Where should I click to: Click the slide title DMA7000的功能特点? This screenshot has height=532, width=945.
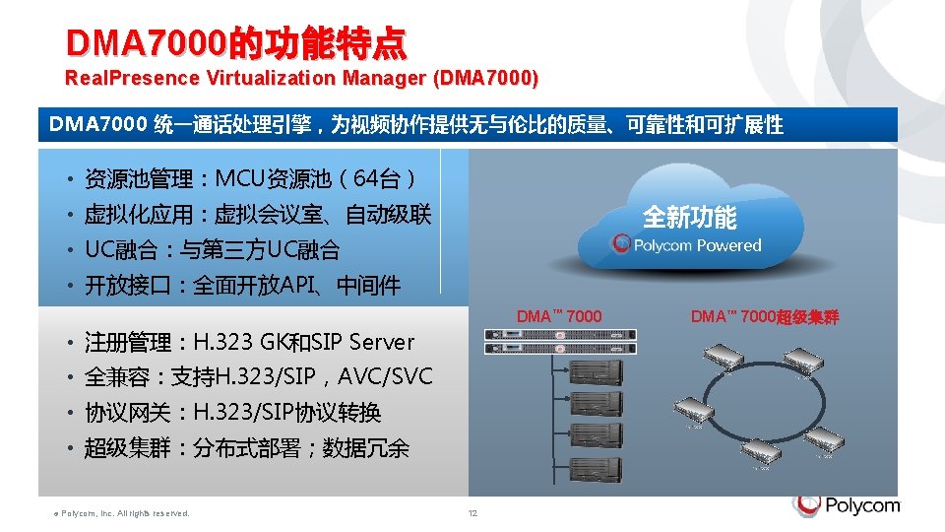(235, 43)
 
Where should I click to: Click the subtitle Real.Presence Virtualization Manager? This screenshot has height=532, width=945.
(301, 78)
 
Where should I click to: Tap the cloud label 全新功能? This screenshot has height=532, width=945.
(689, 217)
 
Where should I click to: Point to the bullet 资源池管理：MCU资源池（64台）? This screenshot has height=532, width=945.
(251, 179)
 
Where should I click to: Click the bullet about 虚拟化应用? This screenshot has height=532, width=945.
(258, 215)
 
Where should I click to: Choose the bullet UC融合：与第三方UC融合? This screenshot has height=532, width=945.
(212, 250)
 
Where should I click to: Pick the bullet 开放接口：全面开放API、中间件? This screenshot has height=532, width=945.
(242, 286)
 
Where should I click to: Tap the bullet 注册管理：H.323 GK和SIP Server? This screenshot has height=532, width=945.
(249, 342)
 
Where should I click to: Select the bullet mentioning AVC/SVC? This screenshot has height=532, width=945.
(258, 377)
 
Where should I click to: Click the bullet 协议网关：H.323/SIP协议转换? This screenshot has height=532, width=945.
(232, 413)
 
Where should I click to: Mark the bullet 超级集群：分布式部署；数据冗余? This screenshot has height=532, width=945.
(246, 448)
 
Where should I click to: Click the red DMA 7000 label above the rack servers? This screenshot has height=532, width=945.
(559, 316)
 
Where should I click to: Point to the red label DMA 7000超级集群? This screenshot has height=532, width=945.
(765, 316)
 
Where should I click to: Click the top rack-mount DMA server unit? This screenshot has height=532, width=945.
(559, 335)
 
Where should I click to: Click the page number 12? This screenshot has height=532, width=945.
(472, 512)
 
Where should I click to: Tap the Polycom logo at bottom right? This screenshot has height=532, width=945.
(847, 505)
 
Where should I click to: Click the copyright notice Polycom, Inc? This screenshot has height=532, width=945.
(119, 512)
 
